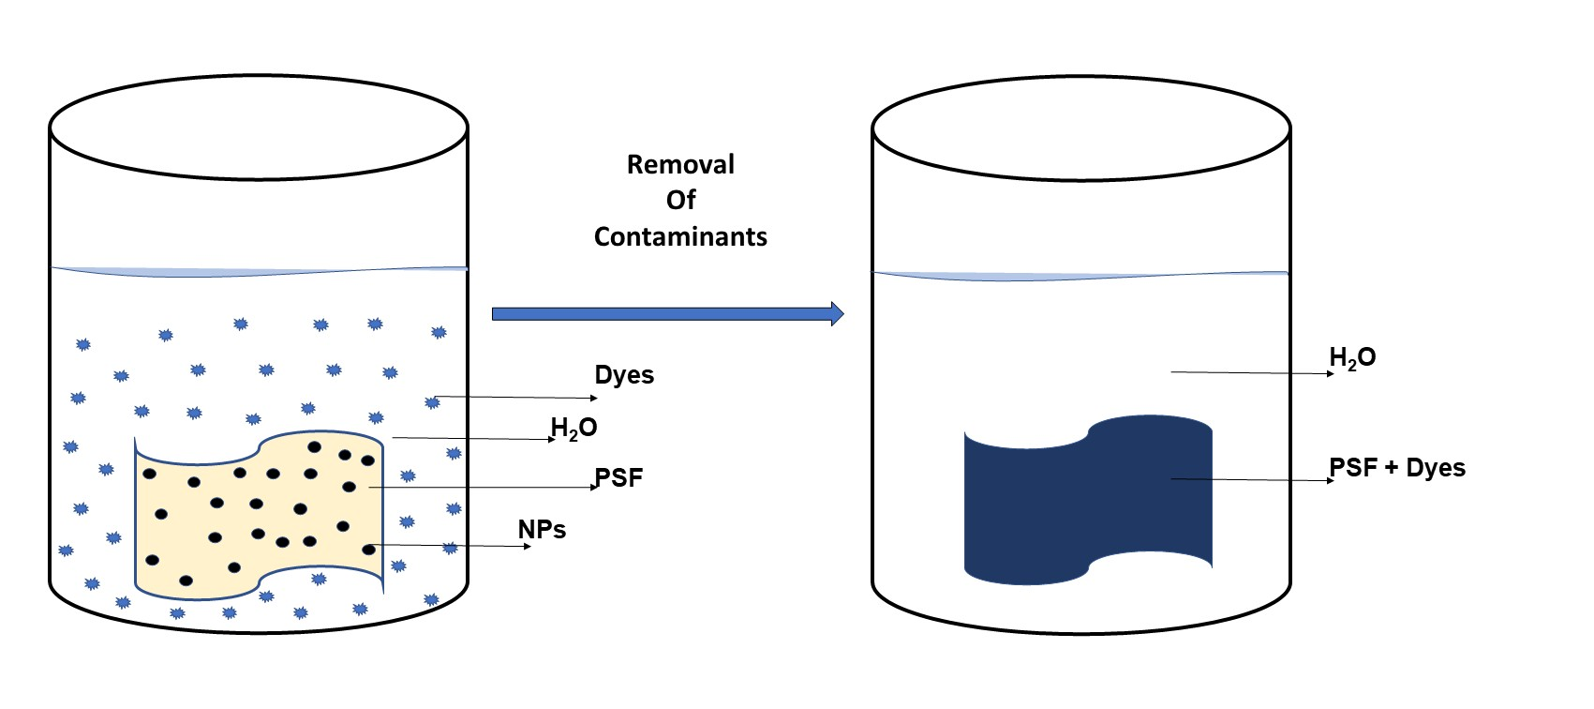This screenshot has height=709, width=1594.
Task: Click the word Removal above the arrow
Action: [x=680, y=165]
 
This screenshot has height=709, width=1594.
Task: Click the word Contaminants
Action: [x=680, y=237]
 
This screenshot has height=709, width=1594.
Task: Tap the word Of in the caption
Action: [x=680, y=201]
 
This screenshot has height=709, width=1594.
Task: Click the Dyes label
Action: [x=624, y=375]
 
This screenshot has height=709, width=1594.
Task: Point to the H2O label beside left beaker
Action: [x=574, y=429]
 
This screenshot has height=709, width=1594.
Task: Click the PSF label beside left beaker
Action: [x=619, y=478]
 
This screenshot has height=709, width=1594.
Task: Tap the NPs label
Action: [x=542, y=530]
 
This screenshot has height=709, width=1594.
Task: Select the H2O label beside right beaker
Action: [x=1352, y=358]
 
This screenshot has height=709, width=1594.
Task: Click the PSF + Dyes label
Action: [x=1397, y=468]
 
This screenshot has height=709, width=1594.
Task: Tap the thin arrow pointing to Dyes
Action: [x=515, y=398]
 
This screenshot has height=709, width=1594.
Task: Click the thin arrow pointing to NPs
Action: [x=450, y=545]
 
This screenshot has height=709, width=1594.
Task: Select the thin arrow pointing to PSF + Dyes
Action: [x=1251, y=480]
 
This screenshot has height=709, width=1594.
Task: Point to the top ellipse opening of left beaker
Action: [x=259, y=128]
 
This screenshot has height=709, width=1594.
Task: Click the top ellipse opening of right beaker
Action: [x=1081, y=129]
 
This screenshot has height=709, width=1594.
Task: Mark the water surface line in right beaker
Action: [x=1081, y=277]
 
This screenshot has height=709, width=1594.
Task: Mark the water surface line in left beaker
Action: [x=259, y=272]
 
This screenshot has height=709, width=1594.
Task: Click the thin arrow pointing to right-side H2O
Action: [x=1251, y=373]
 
